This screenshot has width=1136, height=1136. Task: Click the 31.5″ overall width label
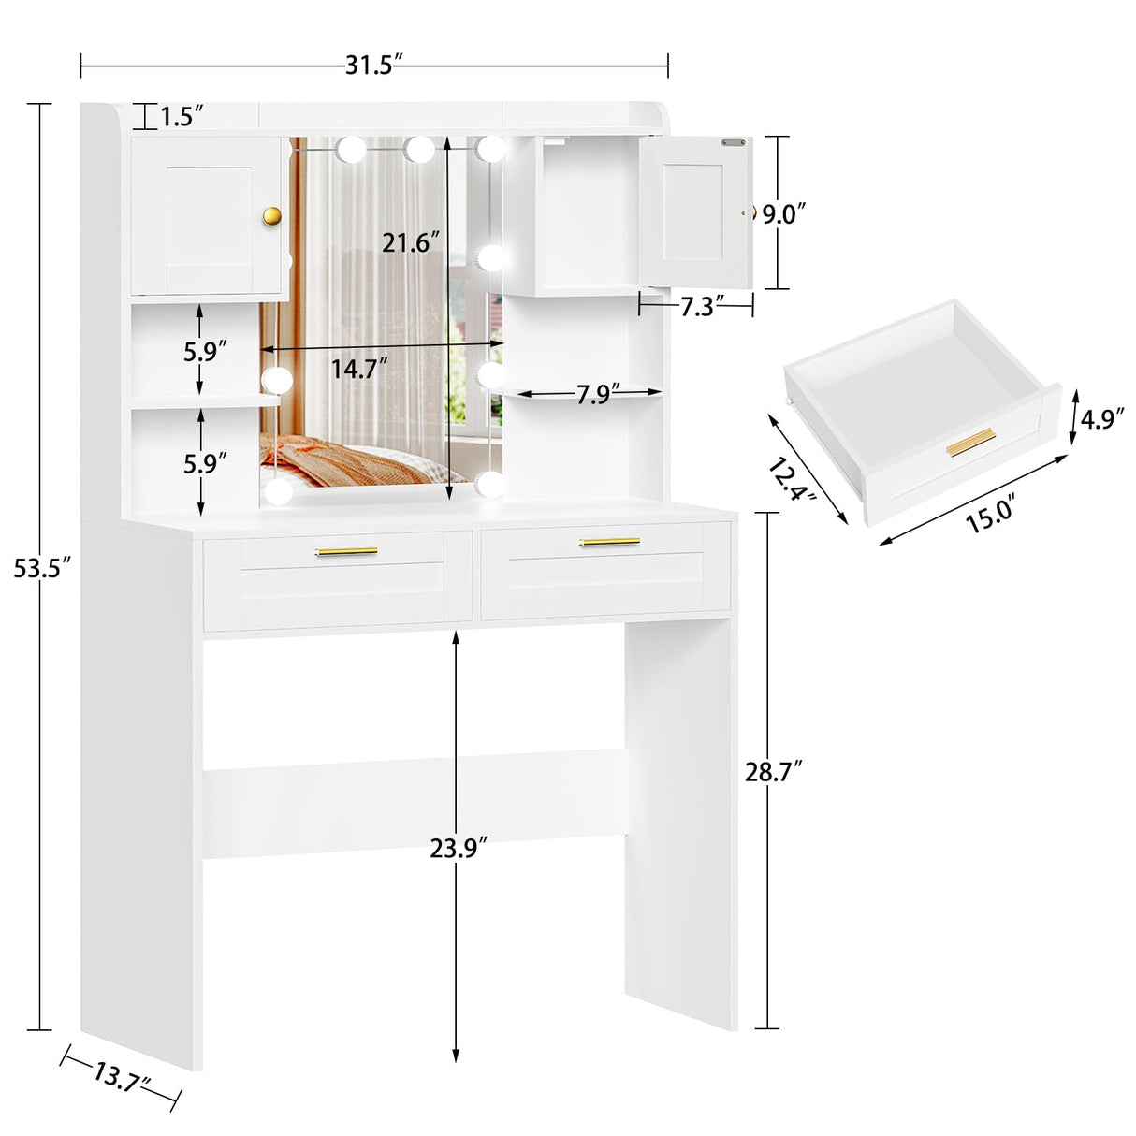pyautogui.click(x=373, y=65)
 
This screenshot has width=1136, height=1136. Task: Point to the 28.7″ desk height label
pyautogui.click(x=774, y=772)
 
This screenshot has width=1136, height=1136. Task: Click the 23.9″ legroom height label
pyautogui.click(x=459, y=849)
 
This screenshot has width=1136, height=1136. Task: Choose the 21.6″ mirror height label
pyautogui.click(x=411, y=242)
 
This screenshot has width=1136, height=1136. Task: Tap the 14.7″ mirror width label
pyautogui.click(x=359, y=369)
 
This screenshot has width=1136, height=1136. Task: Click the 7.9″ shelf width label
pyautogui.click(x=593, y=395)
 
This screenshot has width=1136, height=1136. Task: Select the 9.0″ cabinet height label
pyautogui.click(x=784, y=214)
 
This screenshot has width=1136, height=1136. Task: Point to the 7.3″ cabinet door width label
pyautogui.click(x=697, y=306)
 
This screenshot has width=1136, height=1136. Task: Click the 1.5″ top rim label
pyautogui.click(x=182, y=117)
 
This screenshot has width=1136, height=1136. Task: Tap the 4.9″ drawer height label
pyautogui.click(x=1101, y=418)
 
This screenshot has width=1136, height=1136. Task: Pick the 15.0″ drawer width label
pyautogui.click(x=989, y=515)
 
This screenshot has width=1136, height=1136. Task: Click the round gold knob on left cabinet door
pyautogui.click(x=272, y=216)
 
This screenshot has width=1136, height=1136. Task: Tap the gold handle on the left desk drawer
pyautogui.click(x=346, y=551)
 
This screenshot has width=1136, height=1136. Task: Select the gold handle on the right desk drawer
pyautogui.click(x=610, y=541)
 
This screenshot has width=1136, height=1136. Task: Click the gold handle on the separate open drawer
pyautogui.click(x=970, y=442)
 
